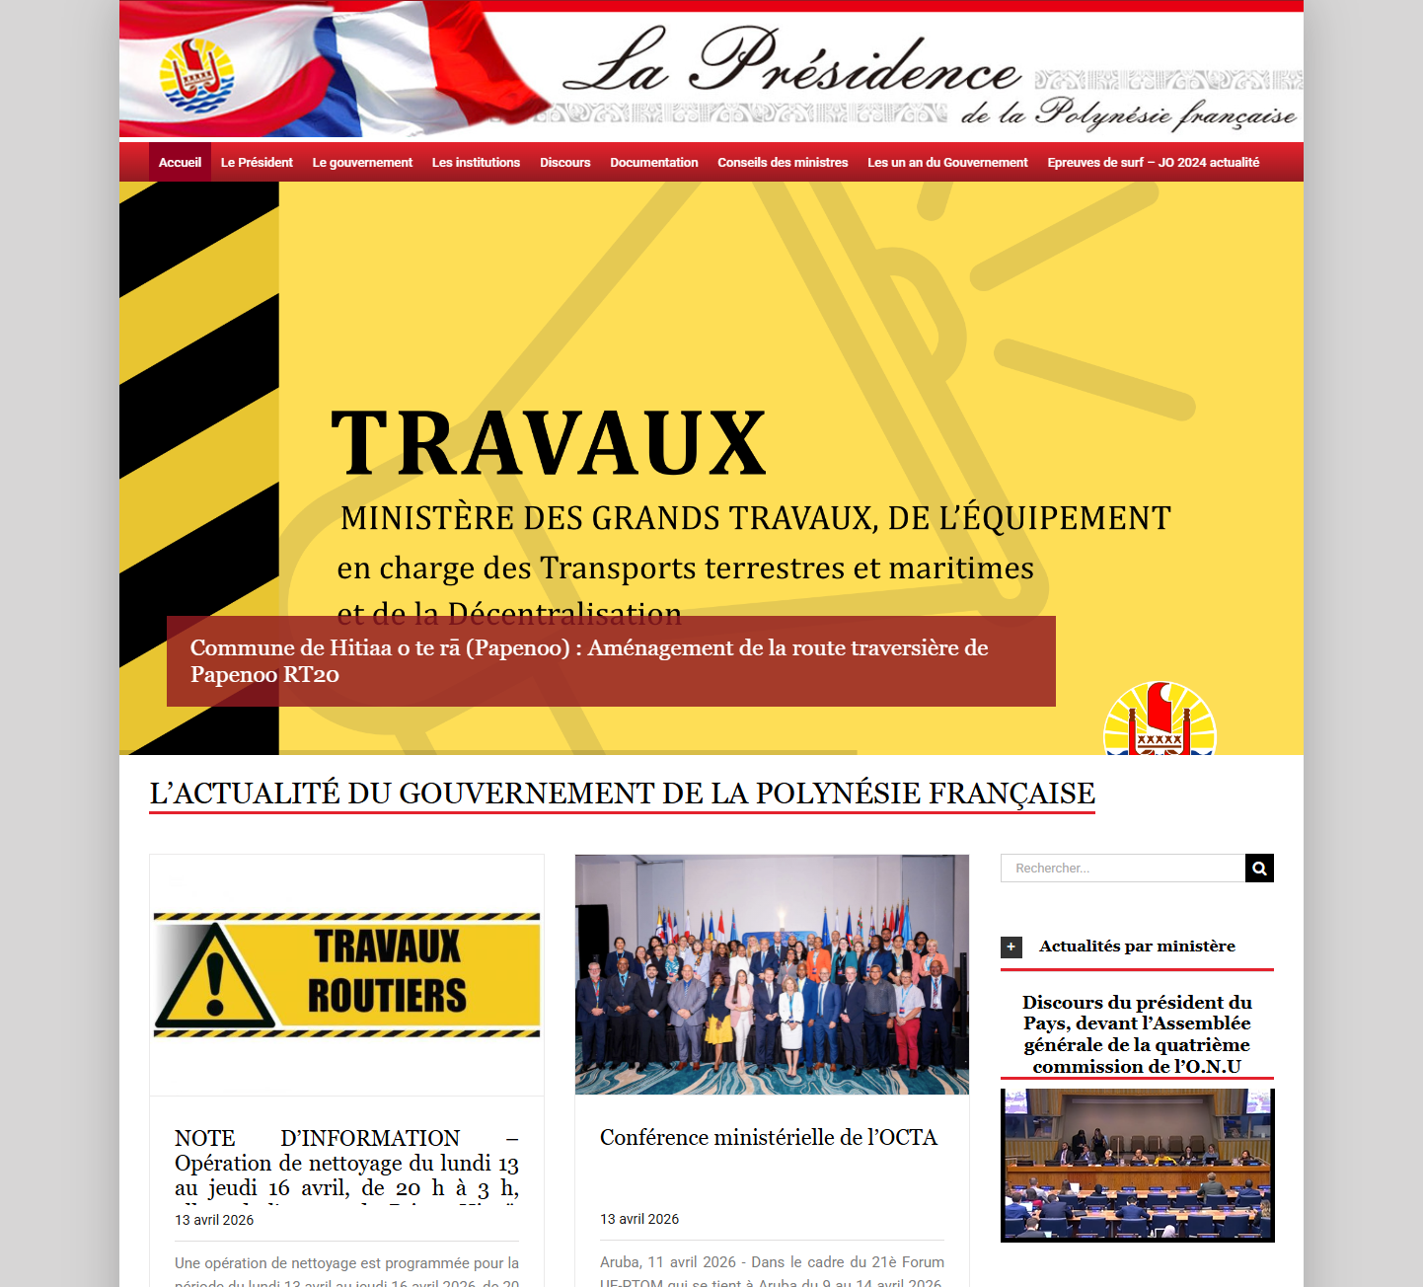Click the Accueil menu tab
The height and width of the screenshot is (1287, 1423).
pyautogui.click(x=180, y=163)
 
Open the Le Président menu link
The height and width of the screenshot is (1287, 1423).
pyautogui.click(x=257, y=163)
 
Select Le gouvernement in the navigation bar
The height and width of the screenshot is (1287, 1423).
pyautogui.click(x=362, y=163)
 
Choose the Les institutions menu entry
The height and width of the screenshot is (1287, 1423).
pyautogui.click(x=476, y=163)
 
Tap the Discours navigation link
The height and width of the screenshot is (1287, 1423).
pyautogui.click(x=564, y=163)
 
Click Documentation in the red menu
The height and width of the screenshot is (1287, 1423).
pyautogui.click(x=653, y=163)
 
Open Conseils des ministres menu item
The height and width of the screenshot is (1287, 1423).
pyautogui.click(x=783, y=163)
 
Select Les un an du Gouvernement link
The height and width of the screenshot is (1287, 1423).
pyautogui.click(x=947, y=163)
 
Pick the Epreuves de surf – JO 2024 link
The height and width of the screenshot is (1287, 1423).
pyautogui.click(x=1153, y=163)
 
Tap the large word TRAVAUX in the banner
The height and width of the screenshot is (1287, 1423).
pyautogui.click(x=548, y=443)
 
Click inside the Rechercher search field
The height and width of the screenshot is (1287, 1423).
pyautogui.click(x=1123, y=869)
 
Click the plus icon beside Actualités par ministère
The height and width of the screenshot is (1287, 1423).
pyautogui.click(x=1011, y=946)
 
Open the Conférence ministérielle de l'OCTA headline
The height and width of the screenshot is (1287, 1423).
pyautogui.click(x=768, y=1138)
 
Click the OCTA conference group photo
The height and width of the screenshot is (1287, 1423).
pyautogui.click(x=772, y=974)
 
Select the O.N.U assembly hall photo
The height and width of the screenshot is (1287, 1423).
pyautogui.click(x=1137, y=1165)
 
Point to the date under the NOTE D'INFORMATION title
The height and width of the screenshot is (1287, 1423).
pyautogui.click(x=214, y=1220)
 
